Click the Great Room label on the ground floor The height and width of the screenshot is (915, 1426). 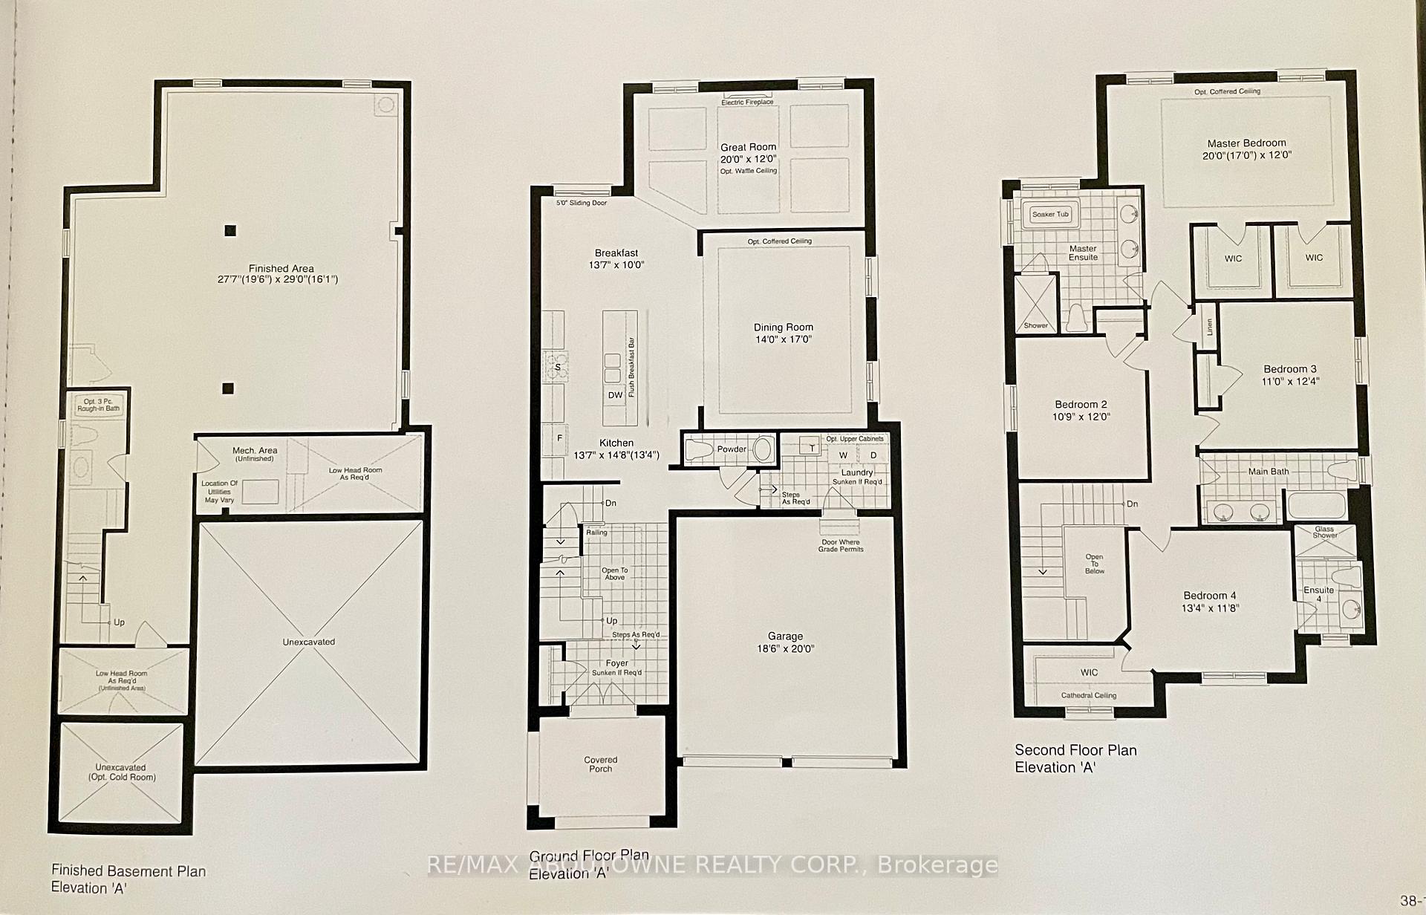point(747,147)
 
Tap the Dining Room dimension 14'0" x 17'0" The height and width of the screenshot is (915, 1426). point(783,339)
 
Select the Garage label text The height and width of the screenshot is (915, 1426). point(785,636)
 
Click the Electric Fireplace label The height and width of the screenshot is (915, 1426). point(746,102)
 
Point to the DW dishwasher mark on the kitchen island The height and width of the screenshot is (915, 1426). point(615,395)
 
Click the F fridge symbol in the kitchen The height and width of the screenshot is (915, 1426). point(559,438)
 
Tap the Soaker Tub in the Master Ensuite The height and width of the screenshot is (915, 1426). point(1050,215)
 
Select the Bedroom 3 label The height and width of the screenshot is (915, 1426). point(1290,369)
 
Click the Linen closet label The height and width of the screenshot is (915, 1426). point(1209,327)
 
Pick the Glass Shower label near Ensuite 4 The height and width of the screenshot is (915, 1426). point(1324,532)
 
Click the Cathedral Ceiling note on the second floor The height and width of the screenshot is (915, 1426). point(1088,695)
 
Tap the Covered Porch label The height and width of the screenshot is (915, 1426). point(600,764)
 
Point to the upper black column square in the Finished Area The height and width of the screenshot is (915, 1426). point(230,231)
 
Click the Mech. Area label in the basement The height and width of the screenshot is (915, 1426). point(255,451)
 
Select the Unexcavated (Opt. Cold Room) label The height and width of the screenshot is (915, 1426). point(120,772)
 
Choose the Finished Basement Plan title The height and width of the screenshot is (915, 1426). point(128,870)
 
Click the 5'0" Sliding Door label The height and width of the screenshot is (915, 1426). point(582,203)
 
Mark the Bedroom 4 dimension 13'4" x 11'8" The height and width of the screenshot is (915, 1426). point(1209,608)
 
